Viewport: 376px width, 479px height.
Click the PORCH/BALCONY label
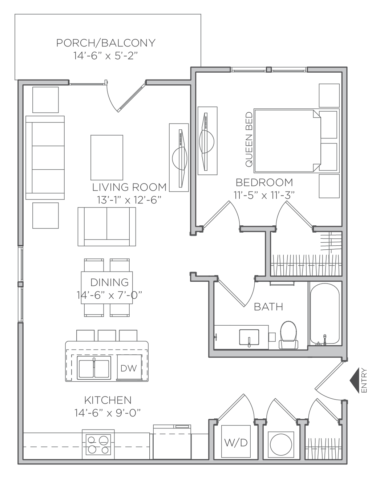point(106,43)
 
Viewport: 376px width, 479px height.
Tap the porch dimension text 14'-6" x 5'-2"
point(106,56)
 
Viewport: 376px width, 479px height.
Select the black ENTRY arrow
point(354,381)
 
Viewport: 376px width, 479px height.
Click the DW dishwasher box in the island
point(129,368)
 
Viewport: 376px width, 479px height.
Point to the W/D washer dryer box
point(236,442)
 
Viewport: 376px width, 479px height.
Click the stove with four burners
point(98,445)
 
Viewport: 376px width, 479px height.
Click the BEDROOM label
point(264,182)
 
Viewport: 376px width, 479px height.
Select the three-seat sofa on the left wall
point(45,158)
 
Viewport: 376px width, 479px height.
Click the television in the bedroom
point(207,140)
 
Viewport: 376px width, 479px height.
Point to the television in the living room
point(179,157)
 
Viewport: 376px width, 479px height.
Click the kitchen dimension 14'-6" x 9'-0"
point(108,412)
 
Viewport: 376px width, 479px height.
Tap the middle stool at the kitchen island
point(107,335)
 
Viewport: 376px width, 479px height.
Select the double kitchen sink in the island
point(94,368)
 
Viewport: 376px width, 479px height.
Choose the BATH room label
point(268,307)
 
